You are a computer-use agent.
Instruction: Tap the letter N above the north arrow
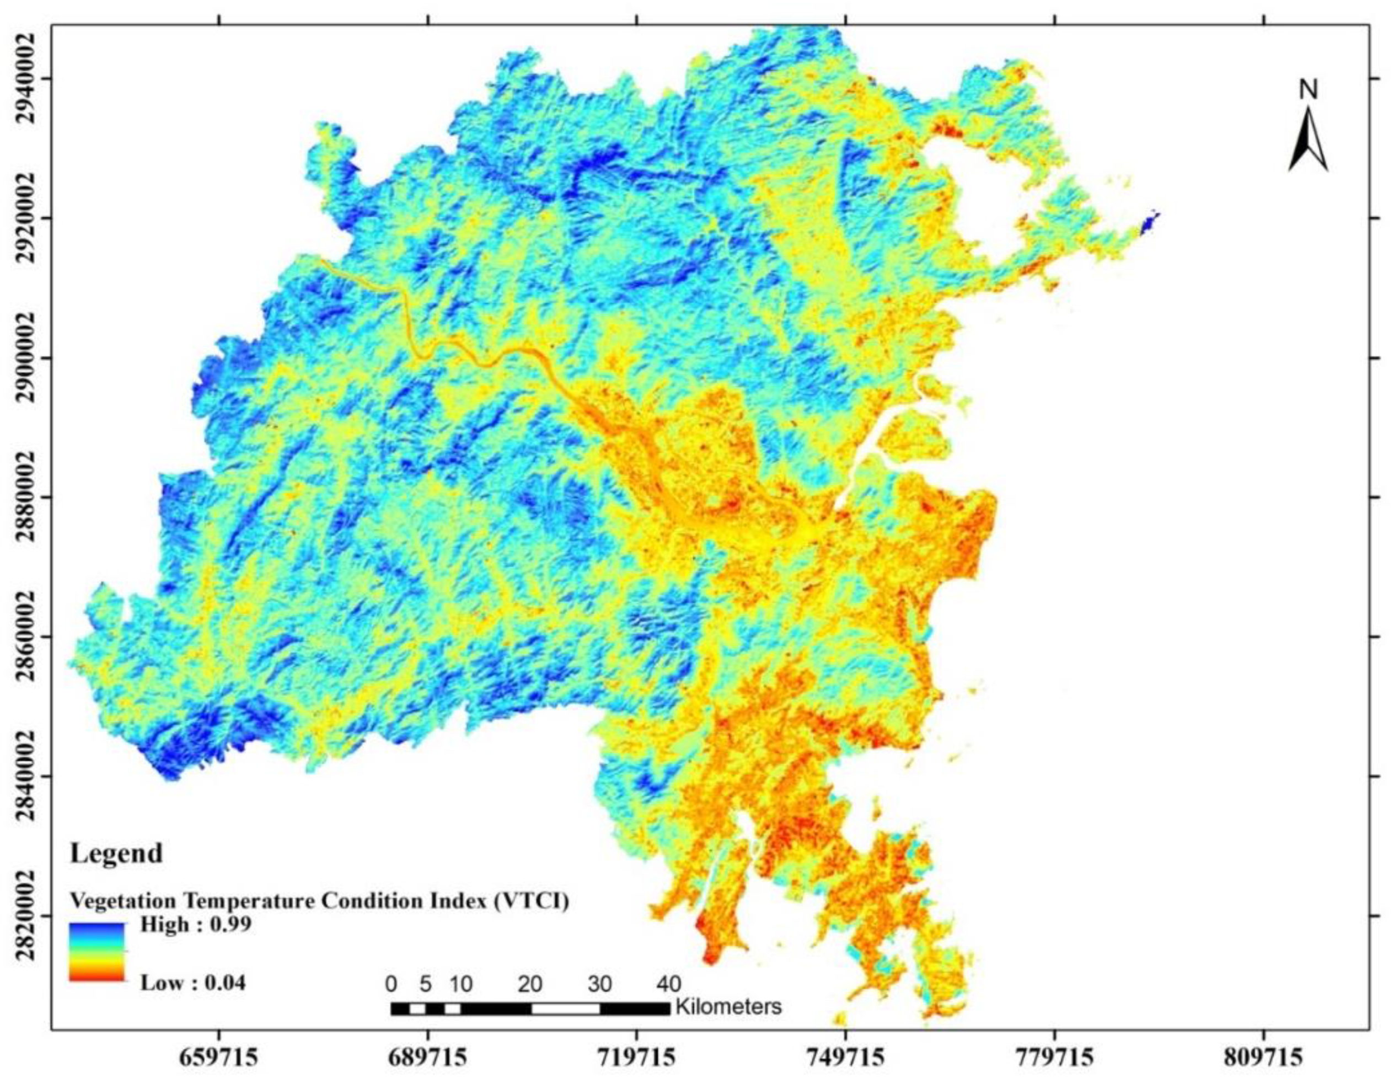coord(1308,91)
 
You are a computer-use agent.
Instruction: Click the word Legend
coord(116,852)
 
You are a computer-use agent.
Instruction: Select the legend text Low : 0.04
coord(192,982)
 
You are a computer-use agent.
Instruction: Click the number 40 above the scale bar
coord(668,984)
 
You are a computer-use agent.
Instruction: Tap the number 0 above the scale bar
coord(391,984)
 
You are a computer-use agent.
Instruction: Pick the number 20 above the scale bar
coord(530,984)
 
